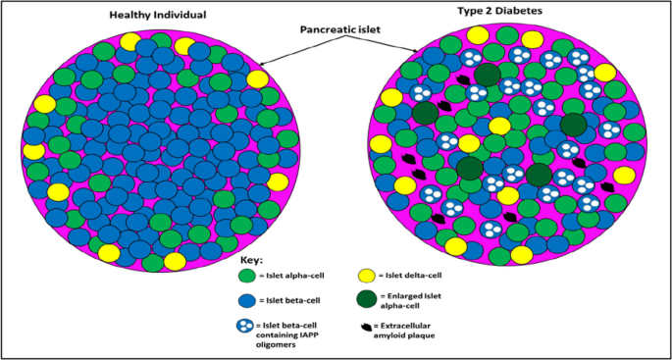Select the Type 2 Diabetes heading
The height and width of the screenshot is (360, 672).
pyautogui.click(x=500, y=10)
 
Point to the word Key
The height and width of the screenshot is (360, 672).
pyautogui.click(x=253, y=260)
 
